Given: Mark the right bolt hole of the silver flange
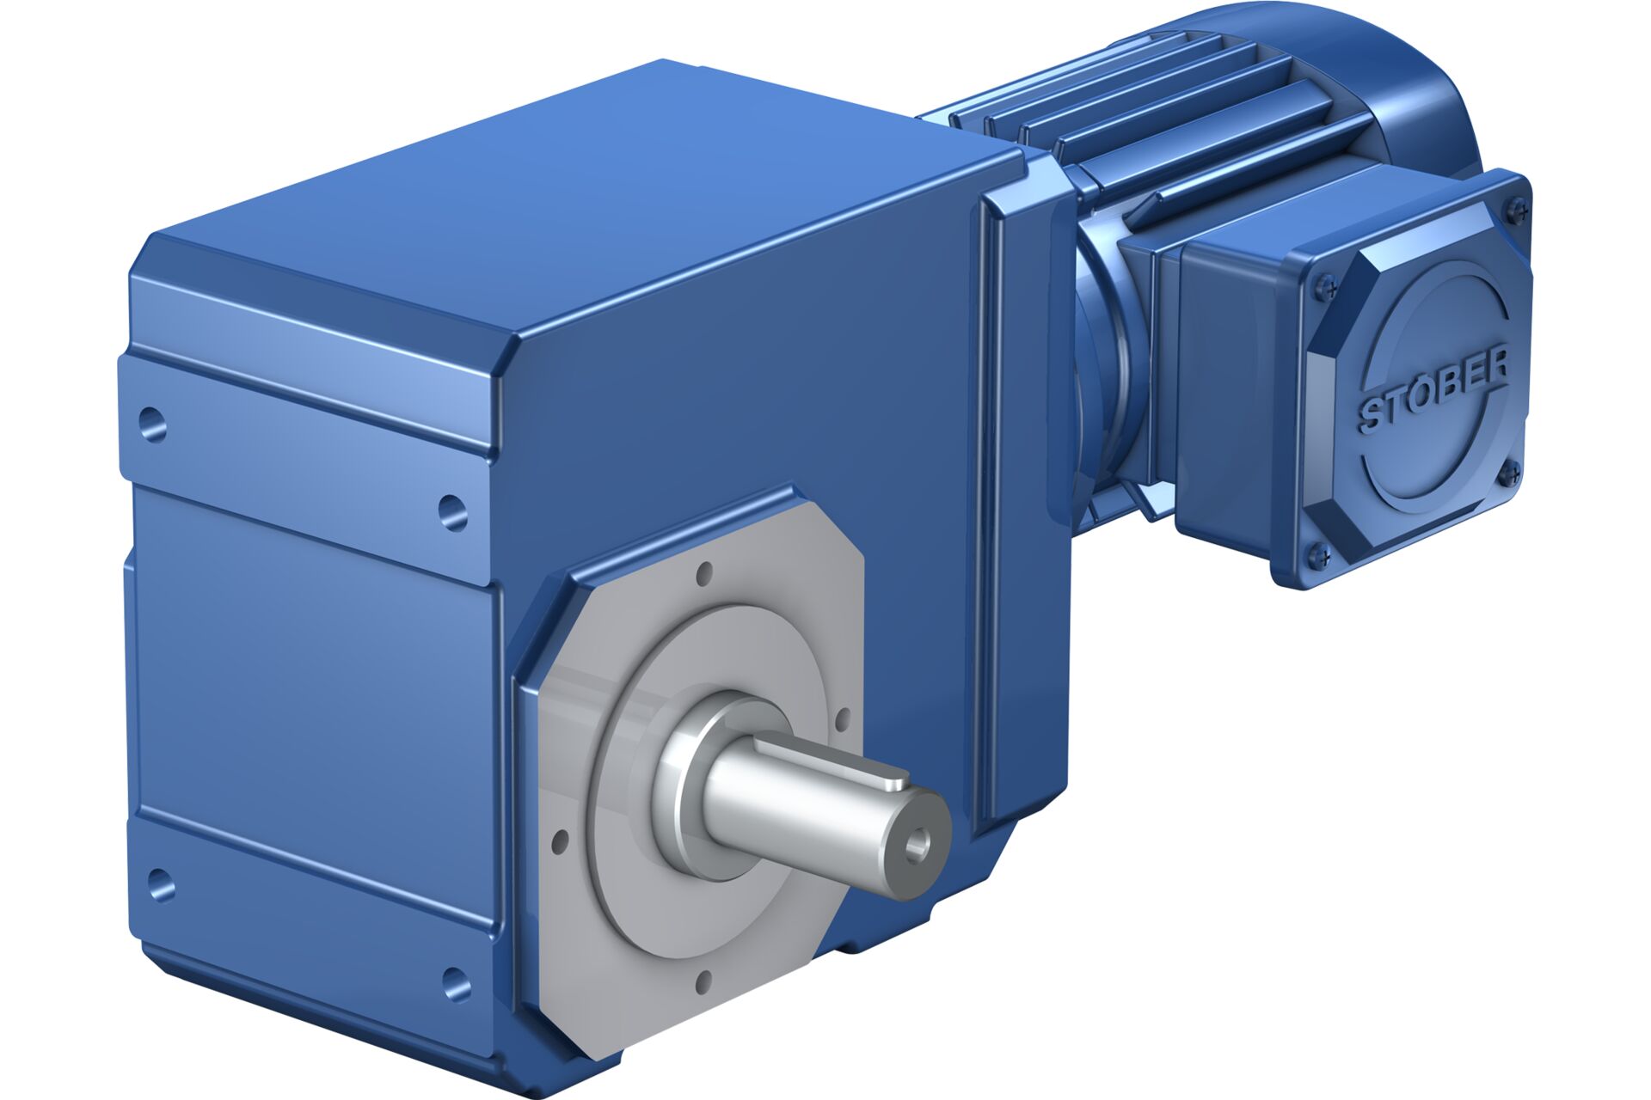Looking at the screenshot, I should click(843, 716).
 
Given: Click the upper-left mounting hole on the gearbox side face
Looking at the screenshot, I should click(152, 424).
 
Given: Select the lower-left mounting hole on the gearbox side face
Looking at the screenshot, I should click(160, 885).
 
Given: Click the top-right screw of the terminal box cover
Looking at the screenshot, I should click(1517, 208).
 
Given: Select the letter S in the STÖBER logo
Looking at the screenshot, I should click(1372, 417).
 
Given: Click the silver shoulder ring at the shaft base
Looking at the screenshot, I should click(688, 773).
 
